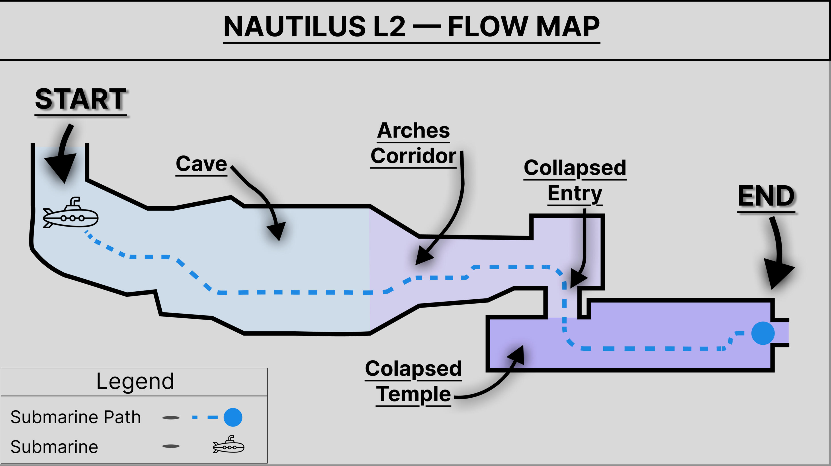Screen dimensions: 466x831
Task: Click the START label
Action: click(x=81, y=99)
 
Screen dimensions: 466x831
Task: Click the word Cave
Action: click(x=201, y=164)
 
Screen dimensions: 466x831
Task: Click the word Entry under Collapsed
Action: click(x=575, y=193)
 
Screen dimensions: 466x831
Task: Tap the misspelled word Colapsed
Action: click(x=413, y=368)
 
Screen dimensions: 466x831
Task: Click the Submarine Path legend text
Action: click(x=76, y=417)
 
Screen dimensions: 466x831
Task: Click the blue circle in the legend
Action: click(x=233, y=417)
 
